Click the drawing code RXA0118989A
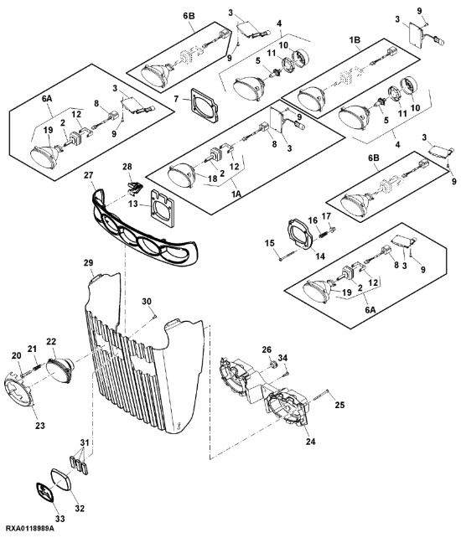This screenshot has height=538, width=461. [30, 527]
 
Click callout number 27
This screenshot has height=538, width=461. [89, 175]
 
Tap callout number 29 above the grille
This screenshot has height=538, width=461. [88, 263]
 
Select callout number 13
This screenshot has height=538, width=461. [132, 204]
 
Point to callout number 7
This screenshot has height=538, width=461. [176, 99]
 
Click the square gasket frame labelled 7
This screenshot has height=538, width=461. [205, 105]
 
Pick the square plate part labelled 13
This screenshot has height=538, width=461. [162, 210]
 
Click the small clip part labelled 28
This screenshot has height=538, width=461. [134, 188]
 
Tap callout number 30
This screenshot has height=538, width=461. [147, 301]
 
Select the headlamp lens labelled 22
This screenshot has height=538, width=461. [60, 371]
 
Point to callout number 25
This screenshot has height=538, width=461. [339, 405]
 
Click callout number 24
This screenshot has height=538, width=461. [310, 442]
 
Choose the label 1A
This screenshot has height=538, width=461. [236, 194]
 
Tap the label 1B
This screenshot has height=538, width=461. [355, 39]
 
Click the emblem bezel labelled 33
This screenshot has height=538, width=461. [44, 493]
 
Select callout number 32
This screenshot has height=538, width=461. [80, 508]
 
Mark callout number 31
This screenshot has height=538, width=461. [85, 442]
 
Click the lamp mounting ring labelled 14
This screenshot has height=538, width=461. [299, 234]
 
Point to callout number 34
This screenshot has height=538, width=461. [282, 358]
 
